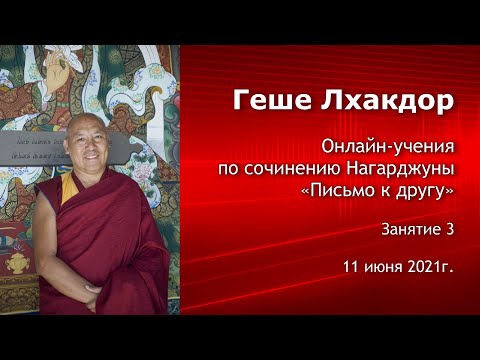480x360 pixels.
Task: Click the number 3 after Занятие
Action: (450, 229)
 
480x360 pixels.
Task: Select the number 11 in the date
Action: (349, 267)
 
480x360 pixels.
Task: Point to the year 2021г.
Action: (431, 267)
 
